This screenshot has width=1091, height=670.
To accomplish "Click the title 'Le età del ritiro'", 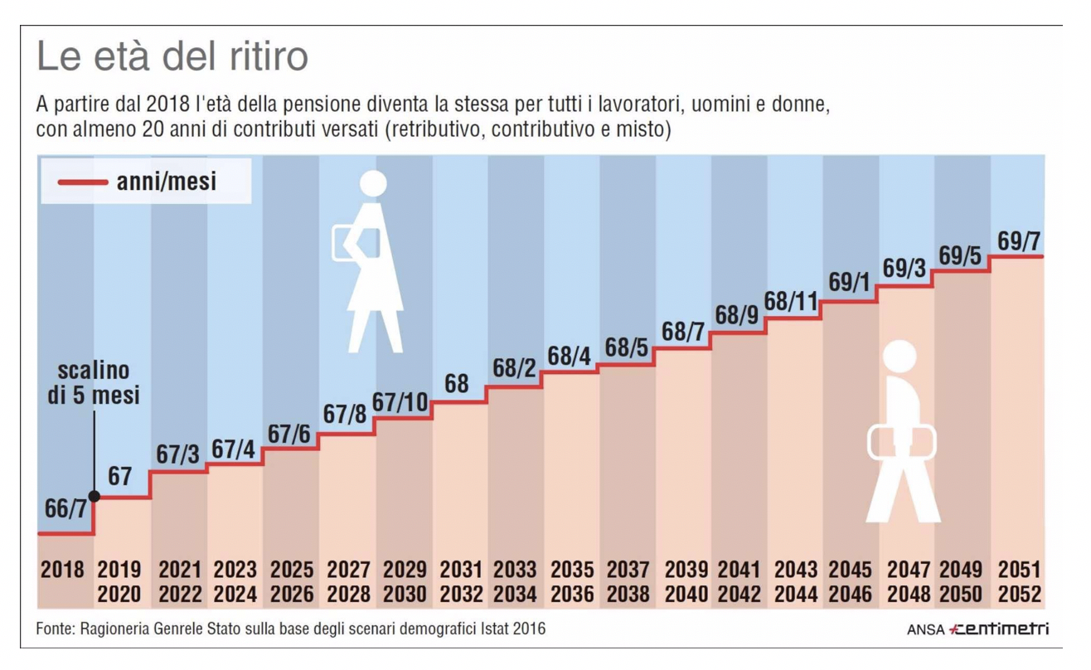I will tap(172, 57).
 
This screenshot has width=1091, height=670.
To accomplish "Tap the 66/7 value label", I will tap(65, 509).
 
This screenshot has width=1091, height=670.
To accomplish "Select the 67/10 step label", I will tap(400, 402).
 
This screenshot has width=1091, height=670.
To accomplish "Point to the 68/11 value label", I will tap(791, 302).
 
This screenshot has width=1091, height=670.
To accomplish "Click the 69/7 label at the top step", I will tap(1019, 241).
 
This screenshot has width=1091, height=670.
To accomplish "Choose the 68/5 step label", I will tap(626, 348).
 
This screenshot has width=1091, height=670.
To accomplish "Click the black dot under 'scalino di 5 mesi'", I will tap(95, 497).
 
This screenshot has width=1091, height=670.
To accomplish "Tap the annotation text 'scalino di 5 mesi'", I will tap(93, 382).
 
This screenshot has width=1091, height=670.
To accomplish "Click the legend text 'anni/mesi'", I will tap(167, 182).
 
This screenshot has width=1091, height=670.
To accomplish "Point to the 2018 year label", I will tap(63, 570).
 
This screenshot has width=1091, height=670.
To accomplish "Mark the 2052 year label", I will tap(1019, 595).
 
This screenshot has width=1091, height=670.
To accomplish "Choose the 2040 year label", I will tap(686, 595).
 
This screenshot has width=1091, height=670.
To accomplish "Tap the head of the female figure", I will tap(373, 184).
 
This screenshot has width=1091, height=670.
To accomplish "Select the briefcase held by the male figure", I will tap(901, 442).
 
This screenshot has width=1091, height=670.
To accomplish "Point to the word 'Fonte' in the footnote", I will tap(55, 629).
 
